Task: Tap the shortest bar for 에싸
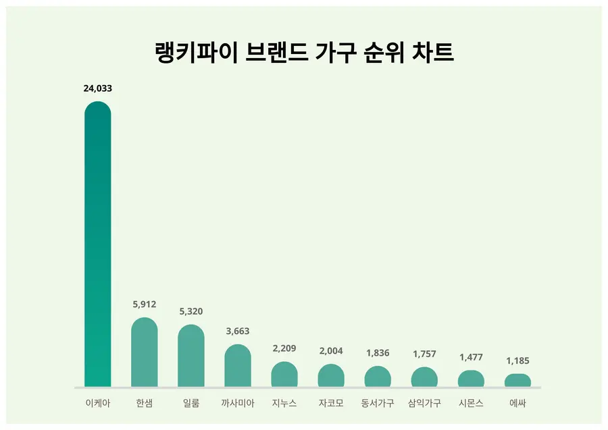517,381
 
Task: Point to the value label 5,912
145,304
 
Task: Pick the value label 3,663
238,331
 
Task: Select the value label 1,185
517,360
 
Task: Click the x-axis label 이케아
97,404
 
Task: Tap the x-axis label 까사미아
238,404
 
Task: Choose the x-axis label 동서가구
378,404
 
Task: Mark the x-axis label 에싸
517,404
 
